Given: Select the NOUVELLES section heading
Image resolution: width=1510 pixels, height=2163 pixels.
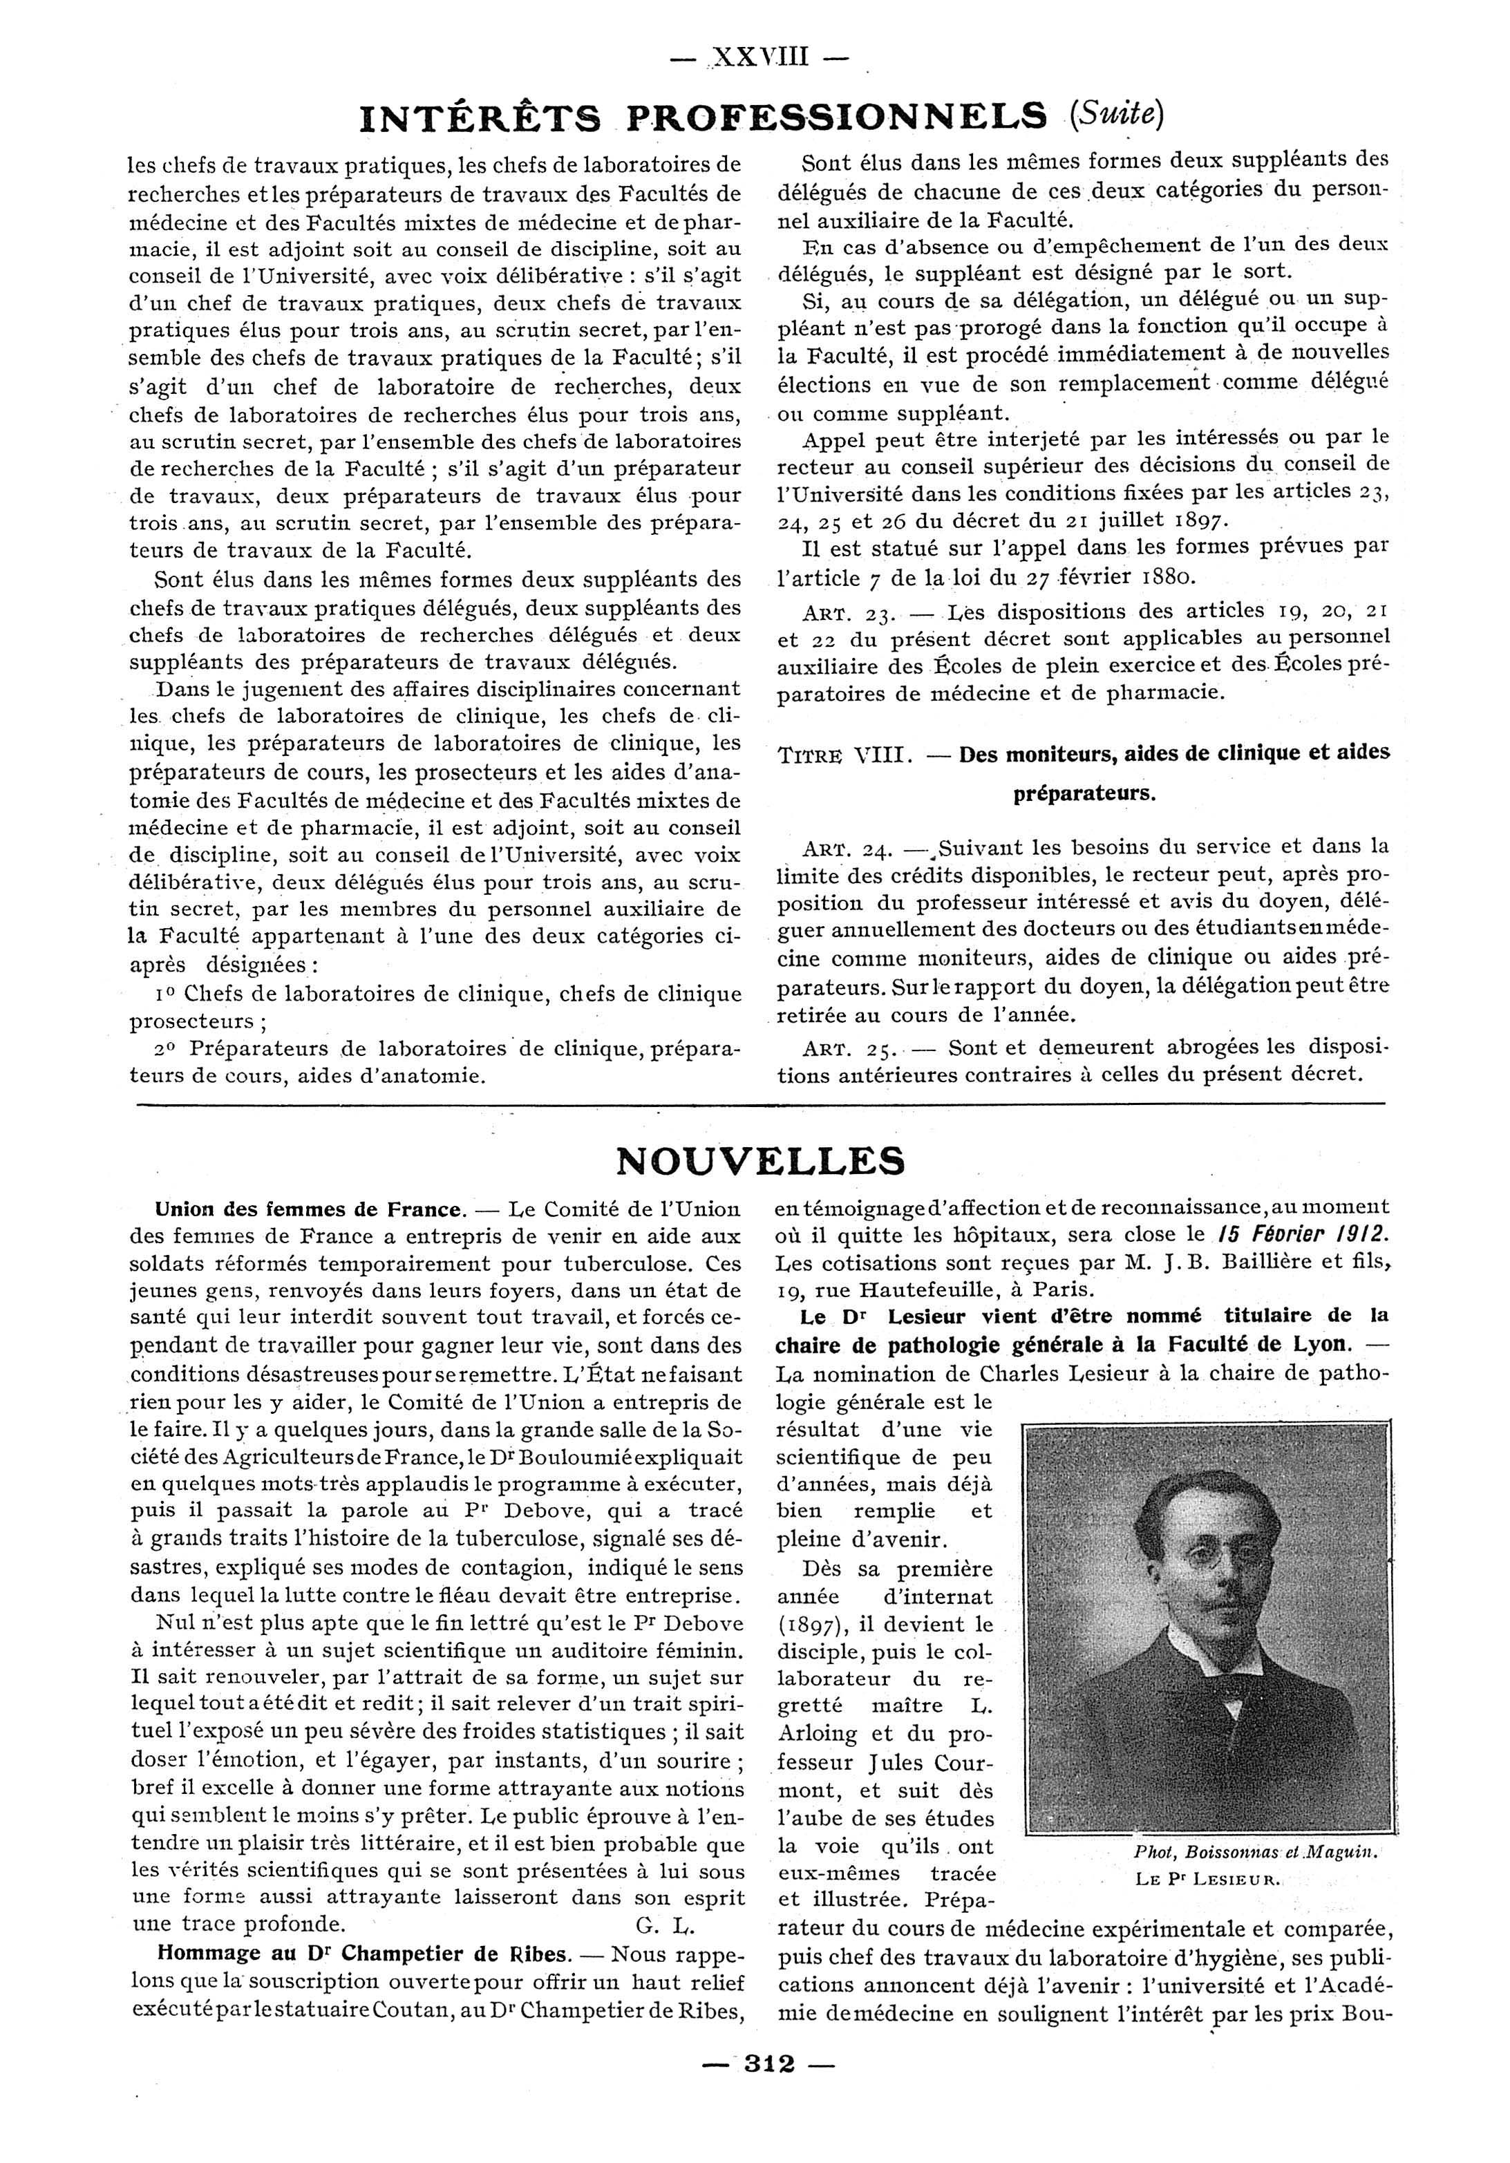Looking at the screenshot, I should [x=759, y=1161].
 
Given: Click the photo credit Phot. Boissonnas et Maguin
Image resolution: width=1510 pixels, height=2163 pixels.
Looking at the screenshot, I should [x=1256, y=1852].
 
